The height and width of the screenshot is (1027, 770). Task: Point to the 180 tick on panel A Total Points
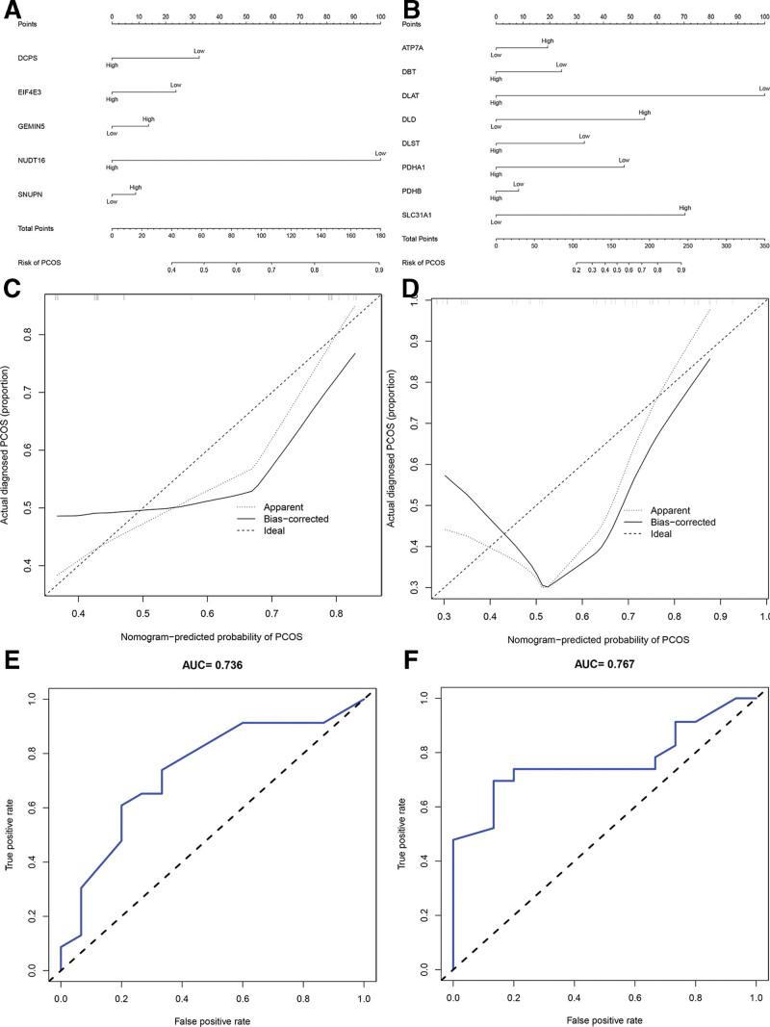378,235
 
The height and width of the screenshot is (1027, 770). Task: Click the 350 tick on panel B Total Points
763,245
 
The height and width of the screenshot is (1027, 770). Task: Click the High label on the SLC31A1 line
684,207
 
